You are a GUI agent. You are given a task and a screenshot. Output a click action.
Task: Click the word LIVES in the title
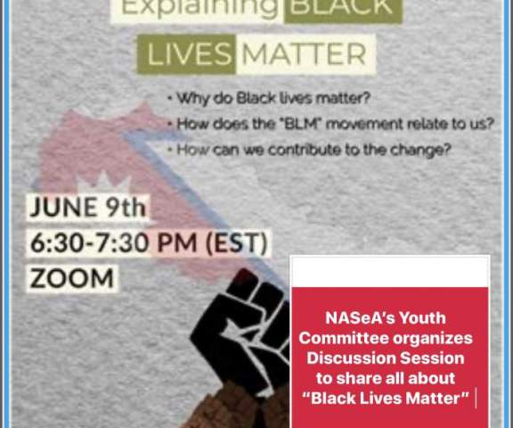190,54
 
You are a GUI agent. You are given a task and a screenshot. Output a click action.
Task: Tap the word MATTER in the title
304,54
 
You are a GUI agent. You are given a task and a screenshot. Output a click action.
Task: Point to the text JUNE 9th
87,207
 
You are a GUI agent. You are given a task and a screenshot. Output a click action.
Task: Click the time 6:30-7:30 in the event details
90,243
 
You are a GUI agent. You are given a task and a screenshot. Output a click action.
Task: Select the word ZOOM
72,279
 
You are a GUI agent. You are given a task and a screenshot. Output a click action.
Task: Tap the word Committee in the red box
344,338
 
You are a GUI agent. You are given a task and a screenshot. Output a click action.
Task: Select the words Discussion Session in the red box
386,358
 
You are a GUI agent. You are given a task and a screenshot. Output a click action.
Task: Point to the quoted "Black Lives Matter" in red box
386,399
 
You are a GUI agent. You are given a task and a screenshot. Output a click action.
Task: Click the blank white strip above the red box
390,271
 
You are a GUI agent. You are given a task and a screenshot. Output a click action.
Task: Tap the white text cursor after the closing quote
476,399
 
